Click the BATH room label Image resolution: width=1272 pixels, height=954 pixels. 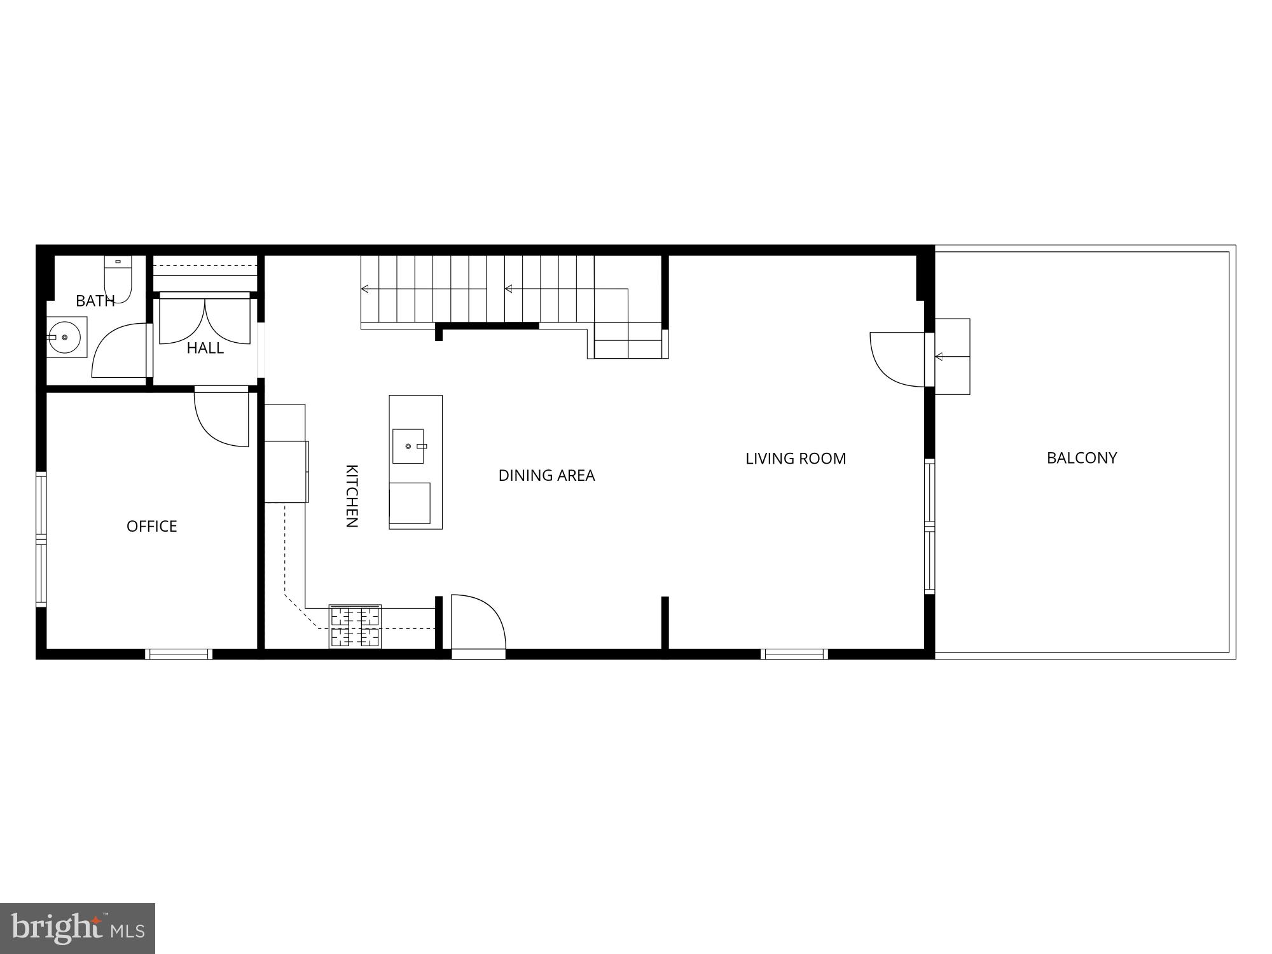click(x=95, y=301)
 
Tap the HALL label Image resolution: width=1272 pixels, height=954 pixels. click(x=205, y=348)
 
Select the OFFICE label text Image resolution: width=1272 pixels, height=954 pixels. click(x=151, y=526)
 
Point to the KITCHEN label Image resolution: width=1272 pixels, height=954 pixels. click(x=352, y=496)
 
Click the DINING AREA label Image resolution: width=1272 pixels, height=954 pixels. click(x=546, y=475)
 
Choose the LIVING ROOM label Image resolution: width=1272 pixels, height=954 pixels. click(x=796, y=459)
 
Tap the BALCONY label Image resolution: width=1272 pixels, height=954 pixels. click(x=1082, y=458)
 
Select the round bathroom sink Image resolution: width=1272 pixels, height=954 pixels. click(x=64, y=337)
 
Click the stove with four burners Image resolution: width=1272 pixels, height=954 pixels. click(x=355, y=626)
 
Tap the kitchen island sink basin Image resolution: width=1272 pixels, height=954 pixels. click(x=408, y=446)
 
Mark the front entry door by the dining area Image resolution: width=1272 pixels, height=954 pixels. click(x=478, y=623)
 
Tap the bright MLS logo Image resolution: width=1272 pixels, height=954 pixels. click(x=78, y=928)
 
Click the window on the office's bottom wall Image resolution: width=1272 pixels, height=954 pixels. click(x=179, y=654)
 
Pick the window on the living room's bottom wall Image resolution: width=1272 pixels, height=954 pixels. click(x=794, y=654)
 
